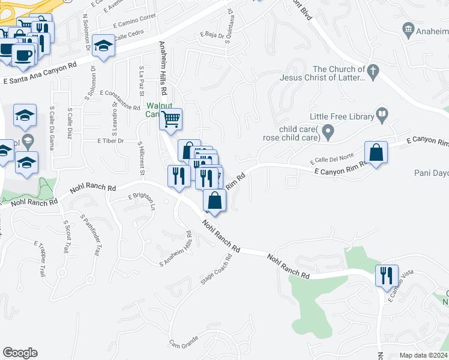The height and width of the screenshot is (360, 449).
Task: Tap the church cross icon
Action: [x=373, y=71]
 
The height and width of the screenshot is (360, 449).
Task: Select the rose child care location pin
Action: [x=328, y=130]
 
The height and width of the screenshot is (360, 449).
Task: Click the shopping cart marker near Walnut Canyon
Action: [x=170, y=119]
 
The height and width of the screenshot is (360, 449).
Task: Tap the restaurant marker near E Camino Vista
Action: [x=385, y=275]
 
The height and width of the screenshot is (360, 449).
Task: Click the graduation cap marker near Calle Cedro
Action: [x=103, y=46]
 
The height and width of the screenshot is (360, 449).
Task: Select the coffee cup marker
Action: [x=23, y=55]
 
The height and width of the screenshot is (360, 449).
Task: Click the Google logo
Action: [x=19, y=353]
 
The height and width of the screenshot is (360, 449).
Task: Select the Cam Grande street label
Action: [x=184, y=344]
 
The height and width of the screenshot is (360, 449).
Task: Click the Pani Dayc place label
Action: [x=431, y=173]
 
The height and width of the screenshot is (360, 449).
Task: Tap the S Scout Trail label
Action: [x=68, y=238]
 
